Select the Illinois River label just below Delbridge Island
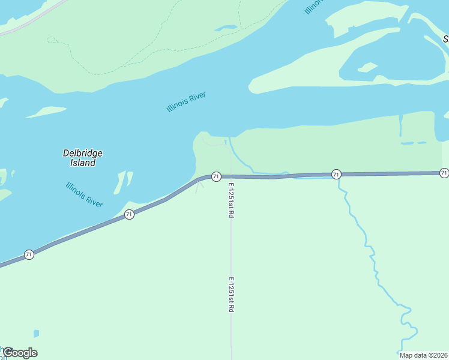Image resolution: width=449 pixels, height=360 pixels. (84, 194)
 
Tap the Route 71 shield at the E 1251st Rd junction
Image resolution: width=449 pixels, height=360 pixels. (216, 176)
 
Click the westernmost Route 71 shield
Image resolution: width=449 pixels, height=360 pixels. (29, 255)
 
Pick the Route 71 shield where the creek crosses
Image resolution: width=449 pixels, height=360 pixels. (336, 174)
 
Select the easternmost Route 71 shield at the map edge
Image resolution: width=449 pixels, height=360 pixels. (444, 173)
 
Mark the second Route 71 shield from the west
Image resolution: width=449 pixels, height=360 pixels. (129, 214)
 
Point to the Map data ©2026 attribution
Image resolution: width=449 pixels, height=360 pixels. (423, 355)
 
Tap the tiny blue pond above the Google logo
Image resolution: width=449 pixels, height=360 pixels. (37, 333)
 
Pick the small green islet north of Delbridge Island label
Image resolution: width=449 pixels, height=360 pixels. (47, 112)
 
